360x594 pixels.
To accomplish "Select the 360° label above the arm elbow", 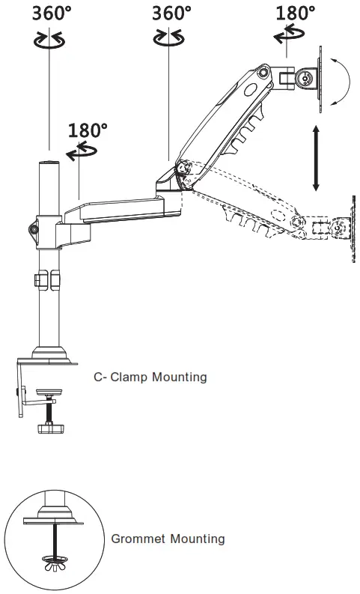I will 171,13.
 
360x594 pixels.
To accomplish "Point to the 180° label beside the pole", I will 88,130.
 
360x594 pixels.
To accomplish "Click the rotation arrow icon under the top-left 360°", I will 49,40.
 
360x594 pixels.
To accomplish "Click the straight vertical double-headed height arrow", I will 316,158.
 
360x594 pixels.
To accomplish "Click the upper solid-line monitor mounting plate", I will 322,80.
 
